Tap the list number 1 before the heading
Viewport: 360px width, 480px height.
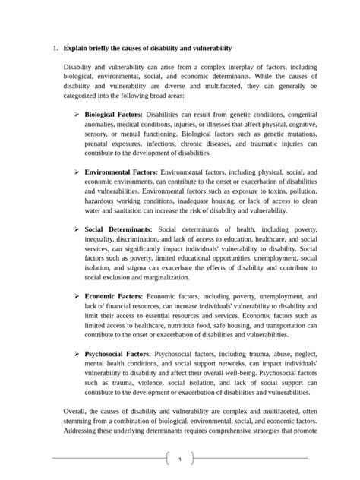(55, 48)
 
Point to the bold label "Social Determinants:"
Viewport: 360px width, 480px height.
(118, 229)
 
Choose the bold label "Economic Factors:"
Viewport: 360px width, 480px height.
(114, 297)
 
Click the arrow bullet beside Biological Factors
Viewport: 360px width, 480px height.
(77, 114)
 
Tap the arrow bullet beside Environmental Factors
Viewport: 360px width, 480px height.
(77, 172)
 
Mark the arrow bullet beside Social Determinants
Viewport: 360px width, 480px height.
(77, 229)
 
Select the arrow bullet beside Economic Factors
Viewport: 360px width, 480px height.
(77, 297)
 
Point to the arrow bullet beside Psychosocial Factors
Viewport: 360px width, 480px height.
(77, 354)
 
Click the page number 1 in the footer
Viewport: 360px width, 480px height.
(179, 459)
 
